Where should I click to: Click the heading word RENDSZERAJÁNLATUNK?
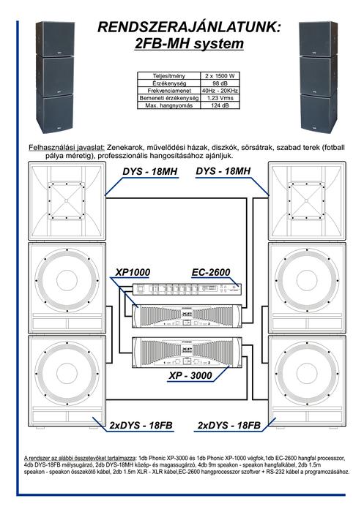(189, 27)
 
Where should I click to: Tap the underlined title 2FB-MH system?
(189, 44)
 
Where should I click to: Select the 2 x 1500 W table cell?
(220, 76)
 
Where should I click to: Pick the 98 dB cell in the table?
(220, 83)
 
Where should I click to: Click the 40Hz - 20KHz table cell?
(220, 91)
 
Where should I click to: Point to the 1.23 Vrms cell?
(220, 98)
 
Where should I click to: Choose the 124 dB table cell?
(220, 105)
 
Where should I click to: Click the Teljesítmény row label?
(168, 76)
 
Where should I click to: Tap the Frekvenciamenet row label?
(168, 91)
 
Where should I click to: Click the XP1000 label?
(133, 272)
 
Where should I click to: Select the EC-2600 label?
(211, 272)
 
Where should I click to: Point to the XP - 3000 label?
(190, 375)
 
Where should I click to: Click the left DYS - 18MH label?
(150, 171)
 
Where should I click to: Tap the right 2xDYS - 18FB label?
(229, 426)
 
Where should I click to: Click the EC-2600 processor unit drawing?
(187, 290)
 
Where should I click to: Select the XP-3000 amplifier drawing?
(187, 353)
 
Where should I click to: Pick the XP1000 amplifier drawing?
(187, 316)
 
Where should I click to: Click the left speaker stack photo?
(55, 77)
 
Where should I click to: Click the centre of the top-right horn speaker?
(307, 201)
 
